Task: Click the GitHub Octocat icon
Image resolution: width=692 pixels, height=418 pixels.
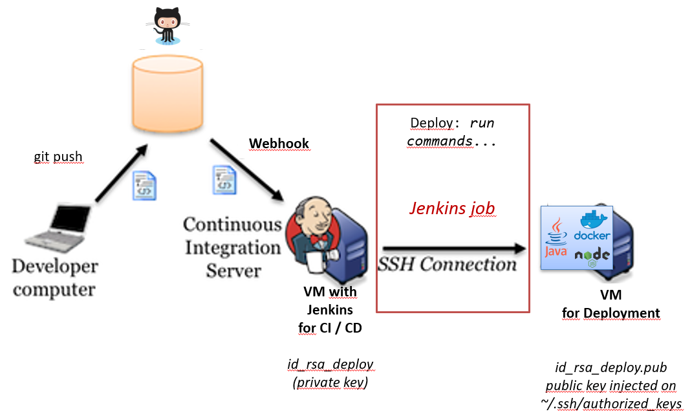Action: point(167,25)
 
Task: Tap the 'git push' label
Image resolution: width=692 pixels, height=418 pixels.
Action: point(58,157)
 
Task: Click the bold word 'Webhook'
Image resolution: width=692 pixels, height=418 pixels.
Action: point(279,143)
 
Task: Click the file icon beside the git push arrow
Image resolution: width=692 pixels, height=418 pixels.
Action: point(145,186)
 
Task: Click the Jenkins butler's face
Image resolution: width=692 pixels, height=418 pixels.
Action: point(315,217)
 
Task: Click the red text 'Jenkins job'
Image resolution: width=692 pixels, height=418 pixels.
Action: point(452,208)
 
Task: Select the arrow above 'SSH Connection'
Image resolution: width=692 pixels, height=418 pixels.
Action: point(453,248)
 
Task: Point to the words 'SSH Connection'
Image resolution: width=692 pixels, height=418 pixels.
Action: point(448,264)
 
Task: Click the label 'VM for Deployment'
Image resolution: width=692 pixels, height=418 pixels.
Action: point(611,305)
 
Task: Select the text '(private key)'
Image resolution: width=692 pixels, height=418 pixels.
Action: point(330,382)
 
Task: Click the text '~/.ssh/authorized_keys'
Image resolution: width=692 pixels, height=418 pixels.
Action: point(611,404)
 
